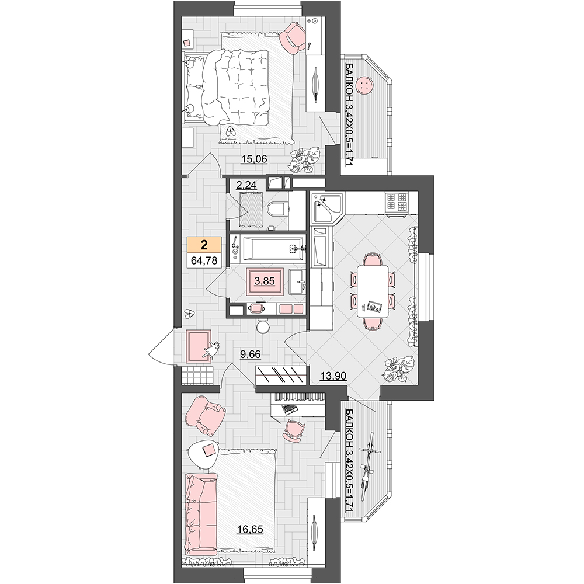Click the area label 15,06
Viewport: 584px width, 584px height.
(x=254, y=159)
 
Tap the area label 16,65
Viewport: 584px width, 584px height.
(x=251, y=529)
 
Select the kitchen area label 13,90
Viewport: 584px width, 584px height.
(x=333, y=376)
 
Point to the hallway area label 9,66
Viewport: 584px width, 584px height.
(x=251, y=354)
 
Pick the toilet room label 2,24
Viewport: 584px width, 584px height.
(x=246, y=185)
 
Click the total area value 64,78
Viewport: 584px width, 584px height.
(x=204, y=260)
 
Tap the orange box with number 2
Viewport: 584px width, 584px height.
(x=204, y=245)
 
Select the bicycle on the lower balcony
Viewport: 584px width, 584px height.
(x=369, y=463)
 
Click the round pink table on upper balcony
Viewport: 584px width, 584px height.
(x=363, y=86)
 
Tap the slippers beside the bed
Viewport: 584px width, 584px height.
(x=231, y=131)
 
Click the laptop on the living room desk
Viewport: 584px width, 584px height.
(x=290, y=409)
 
